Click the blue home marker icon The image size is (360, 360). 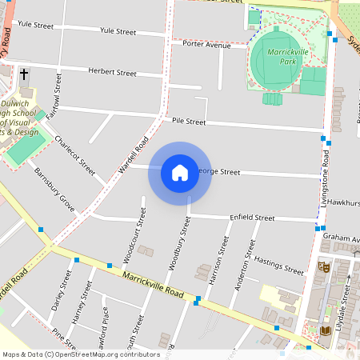(x=180, y=173)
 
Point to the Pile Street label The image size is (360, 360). (x=189, y=121)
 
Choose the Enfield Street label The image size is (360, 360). (x=252, y=218)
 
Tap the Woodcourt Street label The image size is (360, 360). (x=134, y=236)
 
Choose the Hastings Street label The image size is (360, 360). (x=278, y=265)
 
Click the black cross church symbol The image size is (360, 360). (x=24, y=74)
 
